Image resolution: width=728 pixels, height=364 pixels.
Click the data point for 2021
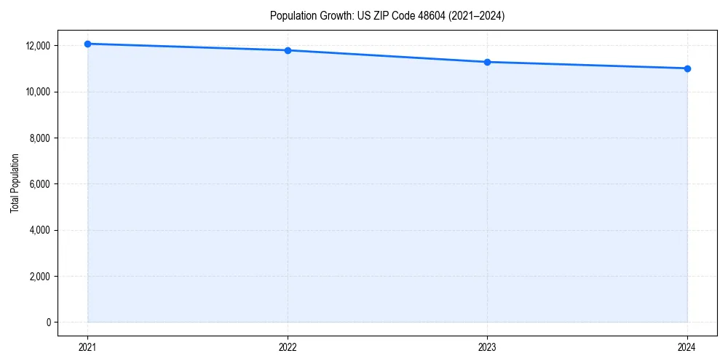[x=87, y=44]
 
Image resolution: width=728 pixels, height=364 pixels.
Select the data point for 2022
[x=288, y=50]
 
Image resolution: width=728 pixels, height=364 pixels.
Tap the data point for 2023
[x=487, y=62]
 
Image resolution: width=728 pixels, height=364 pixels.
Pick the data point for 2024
[x=687, y=68]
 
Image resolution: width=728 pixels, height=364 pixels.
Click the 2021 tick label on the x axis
[x=87, y=347]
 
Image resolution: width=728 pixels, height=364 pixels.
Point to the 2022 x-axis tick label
[x=288, y=347]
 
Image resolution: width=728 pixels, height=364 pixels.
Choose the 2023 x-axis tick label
[x=487, y=347]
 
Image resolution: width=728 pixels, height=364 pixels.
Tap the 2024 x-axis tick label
[x=687, y=347]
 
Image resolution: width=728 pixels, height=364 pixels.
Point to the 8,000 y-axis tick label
[x=40, y=138]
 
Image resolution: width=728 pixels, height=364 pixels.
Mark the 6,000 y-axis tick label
[x=40, y=184]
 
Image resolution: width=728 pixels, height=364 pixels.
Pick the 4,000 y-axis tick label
[x=40, y=230]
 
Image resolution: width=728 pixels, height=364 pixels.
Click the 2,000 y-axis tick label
[x=40, y=277]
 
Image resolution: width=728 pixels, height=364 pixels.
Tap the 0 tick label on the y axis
[x=48, y=323]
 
